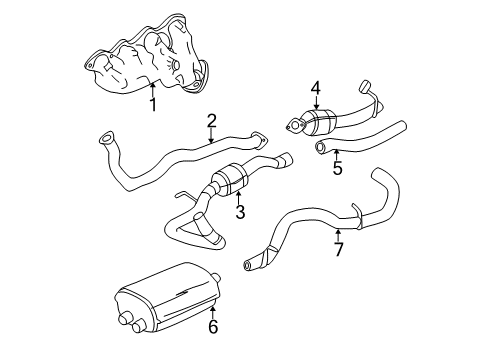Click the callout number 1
pos(153,103)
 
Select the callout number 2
pos(212,121)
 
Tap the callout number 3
pos(240,211)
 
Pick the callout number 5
pos(337,169)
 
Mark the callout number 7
pos(338,249)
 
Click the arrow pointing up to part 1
pos(153,88)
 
